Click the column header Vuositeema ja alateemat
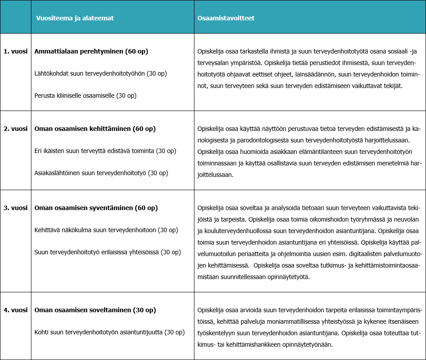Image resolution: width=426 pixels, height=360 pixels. (x=74, y=18)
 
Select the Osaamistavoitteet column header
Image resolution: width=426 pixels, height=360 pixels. (x=226, y=18)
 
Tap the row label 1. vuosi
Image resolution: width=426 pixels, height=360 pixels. (x=15, y=51)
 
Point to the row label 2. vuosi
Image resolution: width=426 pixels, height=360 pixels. (x=15, y=129)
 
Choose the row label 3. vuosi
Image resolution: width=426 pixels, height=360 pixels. (x=15, y=207)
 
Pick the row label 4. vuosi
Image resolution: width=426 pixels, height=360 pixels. (x=15, y=310)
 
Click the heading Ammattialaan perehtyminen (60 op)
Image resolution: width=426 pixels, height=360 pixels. (x=91, y=51)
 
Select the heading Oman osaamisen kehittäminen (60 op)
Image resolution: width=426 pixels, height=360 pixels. (x=95, y=129)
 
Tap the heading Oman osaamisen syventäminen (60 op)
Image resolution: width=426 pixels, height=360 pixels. (x=96, y=207)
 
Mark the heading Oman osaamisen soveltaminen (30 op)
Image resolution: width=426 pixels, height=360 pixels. (x=95, y=310)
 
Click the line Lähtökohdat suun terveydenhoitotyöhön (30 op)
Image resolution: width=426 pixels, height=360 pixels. (x=100, y=73)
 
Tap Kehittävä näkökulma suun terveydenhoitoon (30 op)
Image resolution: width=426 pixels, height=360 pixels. (x=106, y=230)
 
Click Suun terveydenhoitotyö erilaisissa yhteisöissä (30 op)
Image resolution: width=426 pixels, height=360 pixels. (x=107, y=252)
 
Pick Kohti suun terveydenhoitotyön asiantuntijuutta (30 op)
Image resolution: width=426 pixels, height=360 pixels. (x=109, y=332)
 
